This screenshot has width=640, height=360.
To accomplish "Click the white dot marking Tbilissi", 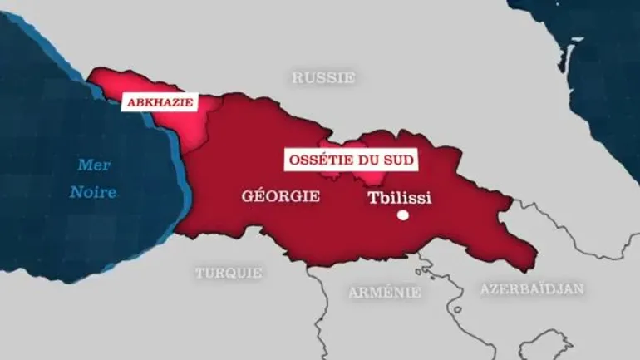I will pos(403,215).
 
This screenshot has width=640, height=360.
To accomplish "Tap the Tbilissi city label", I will pos(401,199).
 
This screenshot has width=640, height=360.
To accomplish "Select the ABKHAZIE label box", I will pos(159,102).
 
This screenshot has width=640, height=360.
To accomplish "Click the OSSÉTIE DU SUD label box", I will pos(350,159).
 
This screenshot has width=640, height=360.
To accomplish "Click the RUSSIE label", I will pos(323,77).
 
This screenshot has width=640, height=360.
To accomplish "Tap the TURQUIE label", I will pos(229,273).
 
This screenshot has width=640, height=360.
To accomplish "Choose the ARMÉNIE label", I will pos(384,292).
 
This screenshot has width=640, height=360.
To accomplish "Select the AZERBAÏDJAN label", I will pos(532,288).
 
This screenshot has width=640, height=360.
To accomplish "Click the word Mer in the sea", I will pos(94,165).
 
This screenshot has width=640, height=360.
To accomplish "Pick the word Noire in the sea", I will pos(93,192).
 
